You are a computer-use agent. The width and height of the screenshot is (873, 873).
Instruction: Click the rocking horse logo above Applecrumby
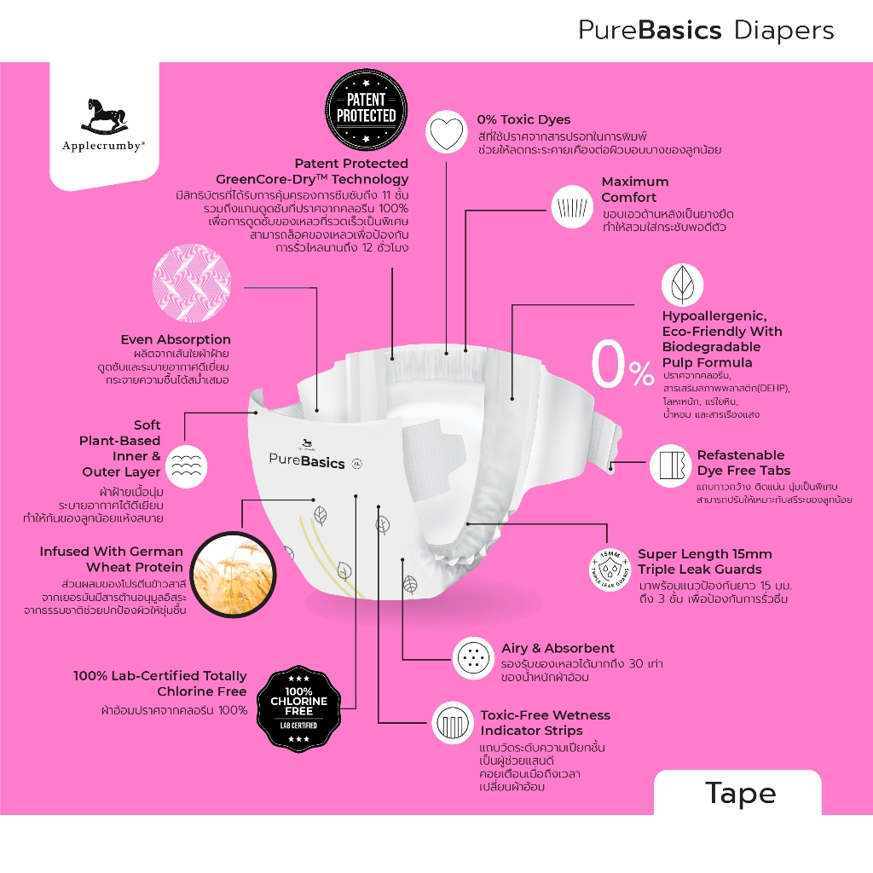[x=104, y=116]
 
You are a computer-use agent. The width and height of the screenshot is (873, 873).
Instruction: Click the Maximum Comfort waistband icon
[x=569, y=207]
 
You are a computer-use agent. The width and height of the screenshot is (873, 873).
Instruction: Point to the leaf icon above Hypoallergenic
[x=682, y=285]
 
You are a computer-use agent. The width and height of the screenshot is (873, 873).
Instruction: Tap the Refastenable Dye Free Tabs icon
[x=670, y=465]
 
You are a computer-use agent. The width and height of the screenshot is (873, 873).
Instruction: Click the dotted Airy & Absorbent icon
[x=473, y=657]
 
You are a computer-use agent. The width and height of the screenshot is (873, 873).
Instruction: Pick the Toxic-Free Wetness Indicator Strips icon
[x=453, y=724]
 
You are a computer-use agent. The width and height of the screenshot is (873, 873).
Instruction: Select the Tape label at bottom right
[x=740, y=793]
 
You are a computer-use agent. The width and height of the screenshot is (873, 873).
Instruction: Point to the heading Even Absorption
[x=176, y=339]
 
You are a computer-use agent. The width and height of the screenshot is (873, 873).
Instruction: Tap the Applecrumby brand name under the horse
[x=104, y=146]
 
